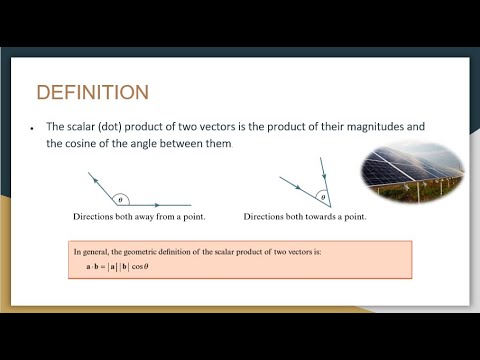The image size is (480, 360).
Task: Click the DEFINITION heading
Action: click(x=92, y=93)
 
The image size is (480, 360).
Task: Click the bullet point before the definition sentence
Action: click(x=33, y=128)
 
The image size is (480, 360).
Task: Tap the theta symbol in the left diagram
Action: click(x=120, y=199)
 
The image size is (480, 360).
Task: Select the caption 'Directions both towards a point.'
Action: click(x=305, y=217)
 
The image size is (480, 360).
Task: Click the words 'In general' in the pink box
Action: click(x=92, y=252)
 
